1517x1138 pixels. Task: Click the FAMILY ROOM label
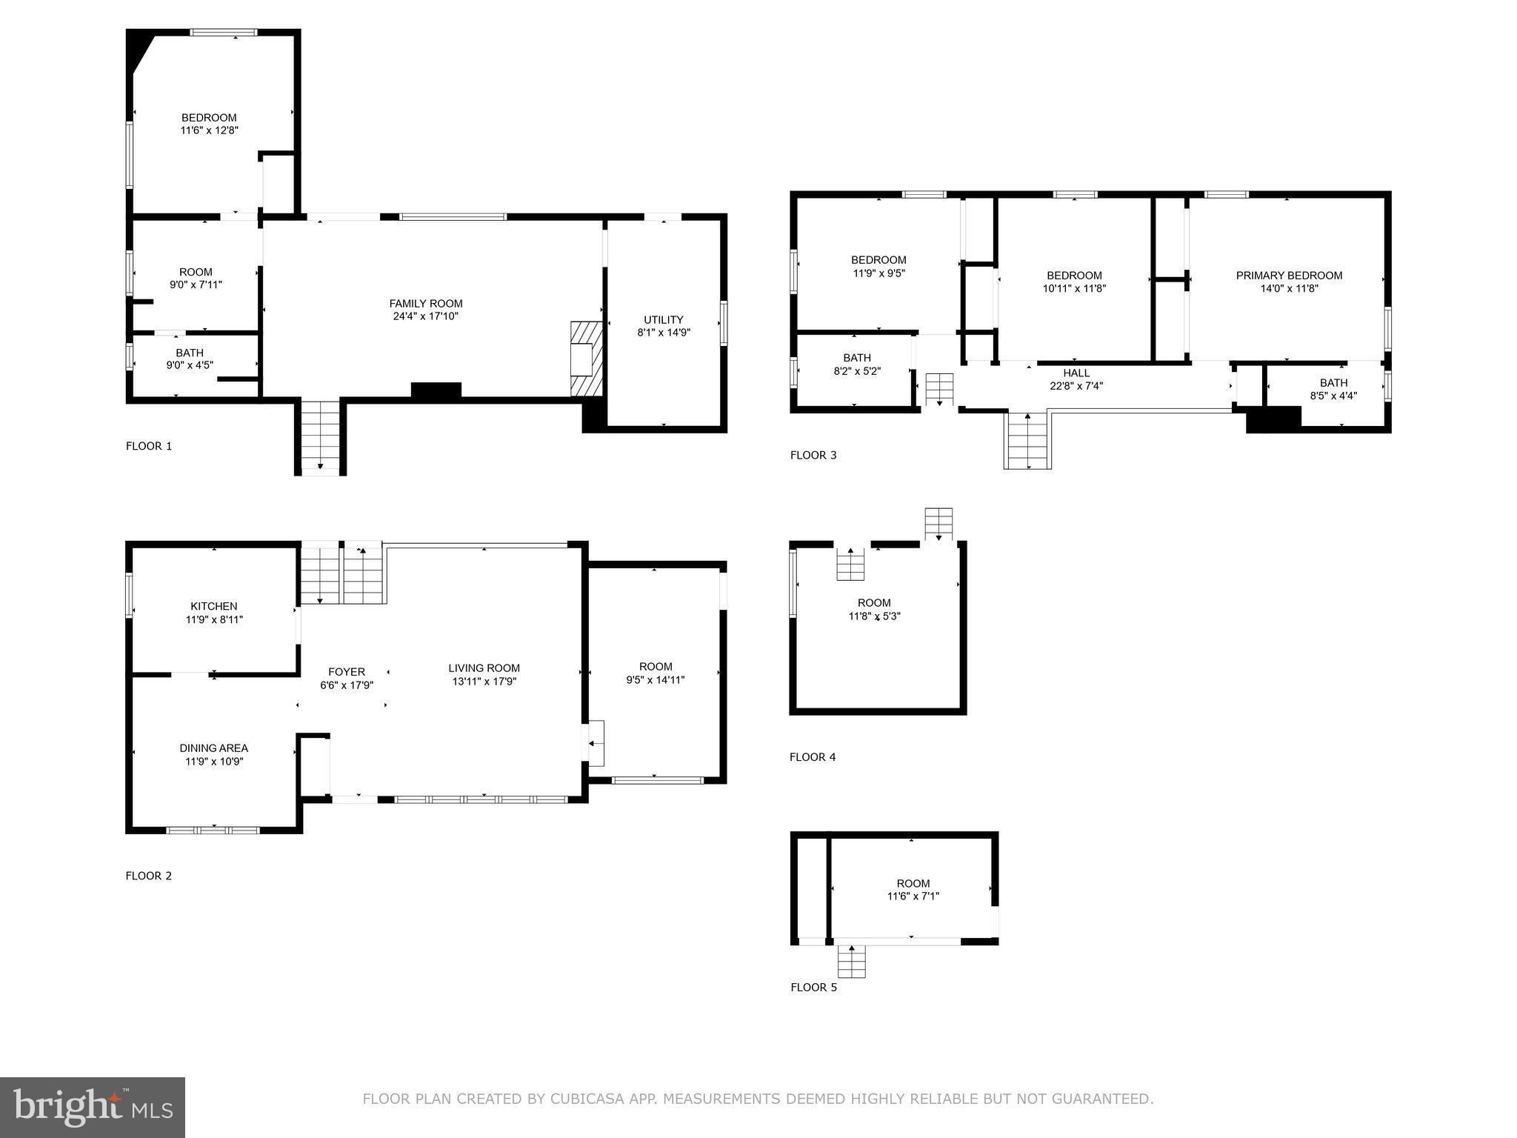coord(426,303)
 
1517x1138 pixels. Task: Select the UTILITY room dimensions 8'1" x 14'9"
coord(664,333)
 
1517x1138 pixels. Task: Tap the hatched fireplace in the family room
coord(586,359)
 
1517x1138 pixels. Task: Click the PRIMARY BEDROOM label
coord(1289,276)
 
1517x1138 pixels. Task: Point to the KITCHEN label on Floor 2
coord(214,606)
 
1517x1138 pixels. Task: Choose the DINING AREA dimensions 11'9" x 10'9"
coord(214,761)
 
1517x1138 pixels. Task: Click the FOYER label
coord(347,672)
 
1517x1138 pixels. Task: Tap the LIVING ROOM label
coord(484,668)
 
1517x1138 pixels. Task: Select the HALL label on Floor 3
coord(1076,373)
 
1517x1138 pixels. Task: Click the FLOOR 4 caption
coord(813,756)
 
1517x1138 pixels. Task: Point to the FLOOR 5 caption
coord(813,987)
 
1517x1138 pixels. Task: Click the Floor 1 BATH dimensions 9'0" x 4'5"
coord(190,365)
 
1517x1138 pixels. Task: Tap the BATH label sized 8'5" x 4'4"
coord(1333,383)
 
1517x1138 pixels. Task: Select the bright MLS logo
coord(93,1107)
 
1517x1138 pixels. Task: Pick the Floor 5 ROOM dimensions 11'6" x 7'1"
coord(913,896)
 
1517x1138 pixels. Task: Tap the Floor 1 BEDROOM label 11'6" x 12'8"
coord(210,118)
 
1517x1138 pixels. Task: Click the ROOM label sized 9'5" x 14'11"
coord(656,667)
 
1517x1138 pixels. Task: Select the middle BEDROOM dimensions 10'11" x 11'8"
coord(1074,289)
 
